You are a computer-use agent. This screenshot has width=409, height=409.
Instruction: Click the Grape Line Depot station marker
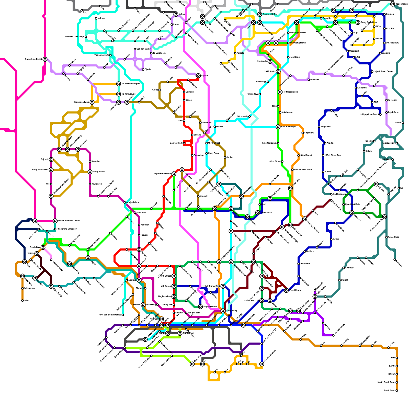pos(45,59)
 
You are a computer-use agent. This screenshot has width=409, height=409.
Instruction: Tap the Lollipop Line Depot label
pos(369,115)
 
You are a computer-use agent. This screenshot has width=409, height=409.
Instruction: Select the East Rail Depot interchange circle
pos(278,127)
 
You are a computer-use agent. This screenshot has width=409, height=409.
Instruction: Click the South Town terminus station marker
pos(397,391)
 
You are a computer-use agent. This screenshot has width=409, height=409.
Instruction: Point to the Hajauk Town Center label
pos(383,72)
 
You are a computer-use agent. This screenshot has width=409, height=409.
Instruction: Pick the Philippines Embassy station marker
pos(55,229)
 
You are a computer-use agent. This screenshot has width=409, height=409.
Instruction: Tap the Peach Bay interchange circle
pos(43,247)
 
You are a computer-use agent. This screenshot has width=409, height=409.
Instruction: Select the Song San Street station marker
pos(51,170)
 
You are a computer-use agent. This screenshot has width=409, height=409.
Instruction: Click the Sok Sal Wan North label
pos(303,170)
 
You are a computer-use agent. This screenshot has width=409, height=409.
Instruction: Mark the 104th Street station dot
pos(207,143)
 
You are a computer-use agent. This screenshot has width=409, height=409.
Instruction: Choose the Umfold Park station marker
pos(184,143)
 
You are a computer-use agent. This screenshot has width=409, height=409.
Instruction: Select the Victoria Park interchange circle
pos(243,325)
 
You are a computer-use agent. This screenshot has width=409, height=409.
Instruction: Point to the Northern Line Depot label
pos(74,37)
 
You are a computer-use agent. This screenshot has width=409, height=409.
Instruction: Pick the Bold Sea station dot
pos(309,80)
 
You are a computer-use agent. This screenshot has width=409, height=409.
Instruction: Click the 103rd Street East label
pos(333,155)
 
